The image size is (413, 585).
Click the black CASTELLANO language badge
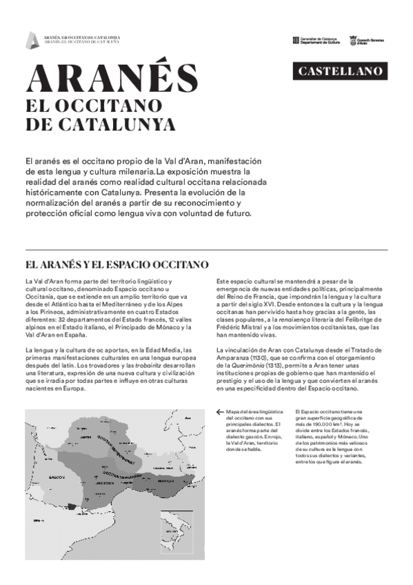click(x=338, y=71)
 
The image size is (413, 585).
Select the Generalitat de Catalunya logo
click(x=315, y=41)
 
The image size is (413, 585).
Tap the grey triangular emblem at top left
click(x=30, y=41)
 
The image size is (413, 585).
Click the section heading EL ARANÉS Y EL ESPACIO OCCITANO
click(x=117, y=264)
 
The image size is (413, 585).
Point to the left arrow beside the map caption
click(x=219, y=413)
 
